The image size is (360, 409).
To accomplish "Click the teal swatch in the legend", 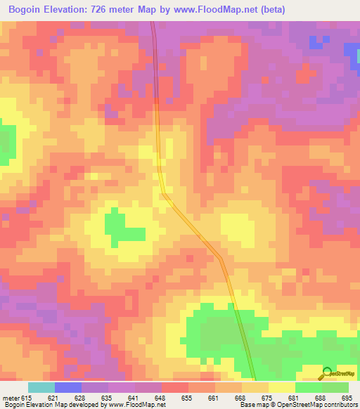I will tap(41, 387).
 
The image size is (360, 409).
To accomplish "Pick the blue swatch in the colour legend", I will tap(68, 387).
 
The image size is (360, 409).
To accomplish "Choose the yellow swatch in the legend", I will tap(281, 387).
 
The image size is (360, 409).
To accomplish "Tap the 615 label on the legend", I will tap(27, 398).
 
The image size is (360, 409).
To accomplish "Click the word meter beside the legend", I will tap(11, 398).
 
